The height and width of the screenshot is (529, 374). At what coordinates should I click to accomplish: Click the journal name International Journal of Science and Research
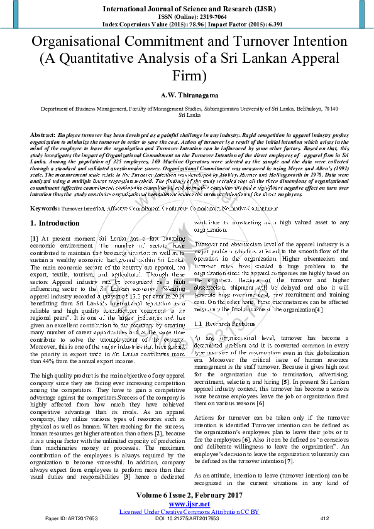[186, 9]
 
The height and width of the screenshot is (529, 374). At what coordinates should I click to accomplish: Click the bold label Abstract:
[42, 135]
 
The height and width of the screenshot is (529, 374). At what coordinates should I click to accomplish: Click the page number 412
[325, 519]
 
